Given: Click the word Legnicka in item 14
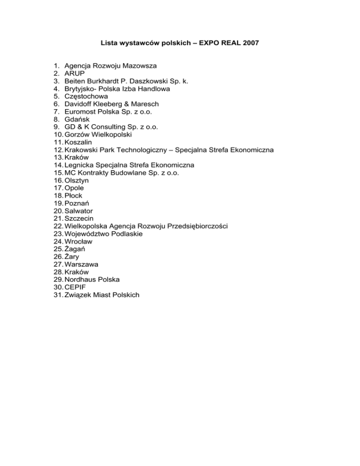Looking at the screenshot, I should tap(80, 165).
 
